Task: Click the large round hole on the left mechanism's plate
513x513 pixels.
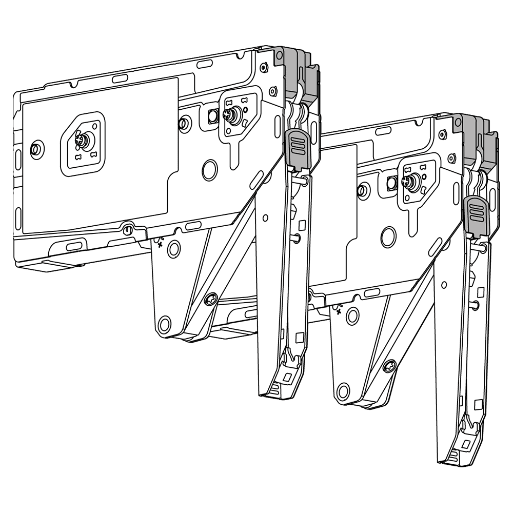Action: [209, 170]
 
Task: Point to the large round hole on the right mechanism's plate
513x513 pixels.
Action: [388, 237]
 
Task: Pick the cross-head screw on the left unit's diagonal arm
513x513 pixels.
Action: [210, 299]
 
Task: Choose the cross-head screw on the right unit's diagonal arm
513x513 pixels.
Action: [389, 366]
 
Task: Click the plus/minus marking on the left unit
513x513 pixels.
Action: [160, 242]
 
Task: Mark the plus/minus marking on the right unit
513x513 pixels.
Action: [339, 309]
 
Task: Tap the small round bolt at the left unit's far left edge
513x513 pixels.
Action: [36, 149]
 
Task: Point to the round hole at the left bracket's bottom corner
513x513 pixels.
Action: [164, 324]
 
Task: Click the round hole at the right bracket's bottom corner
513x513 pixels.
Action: [343, 391]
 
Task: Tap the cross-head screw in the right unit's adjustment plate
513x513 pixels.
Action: [410, 182]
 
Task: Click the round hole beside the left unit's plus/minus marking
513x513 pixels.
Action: [174, 249]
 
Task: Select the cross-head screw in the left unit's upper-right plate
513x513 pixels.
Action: [232, 115]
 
